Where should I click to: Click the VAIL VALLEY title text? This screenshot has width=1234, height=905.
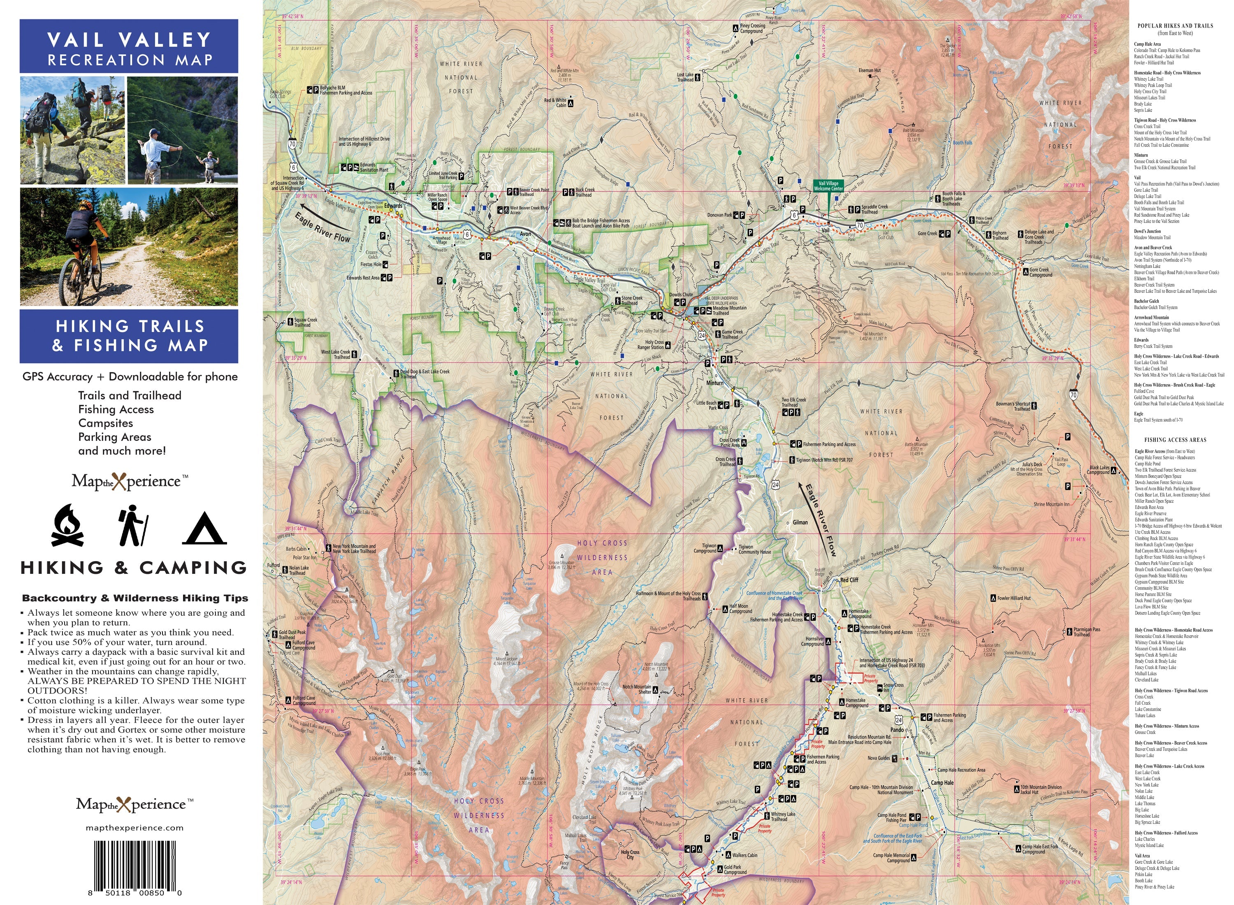coord(129,39)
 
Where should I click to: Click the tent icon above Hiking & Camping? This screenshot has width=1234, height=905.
coord(204,529)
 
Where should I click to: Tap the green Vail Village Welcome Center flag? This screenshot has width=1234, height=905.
coord(828,186)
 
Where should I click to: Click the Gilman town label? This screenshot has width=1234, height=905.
coord(800,522)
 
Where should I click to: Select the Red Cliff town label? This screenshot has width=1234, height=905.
coord(849,580)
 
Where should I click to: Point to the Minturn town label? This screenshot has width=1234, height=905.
coord(715,383)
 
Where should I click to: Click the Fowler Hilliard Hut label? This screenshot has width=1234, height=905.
coord(1013,598)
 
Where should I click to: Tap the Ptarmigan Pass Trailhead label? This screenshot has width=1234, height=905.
coord(1086,631)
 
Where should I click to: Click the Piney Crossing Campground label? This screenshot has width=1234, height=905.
coord(752,28)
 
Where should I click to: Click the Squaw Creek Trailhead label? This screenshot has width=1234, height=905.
coord(305,322)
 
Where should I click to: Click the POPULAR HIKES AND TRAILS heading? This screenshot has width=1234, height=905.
coord(1175,26)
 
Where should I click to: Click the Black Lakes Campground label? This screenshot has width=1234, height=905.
coord(1099,470)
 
